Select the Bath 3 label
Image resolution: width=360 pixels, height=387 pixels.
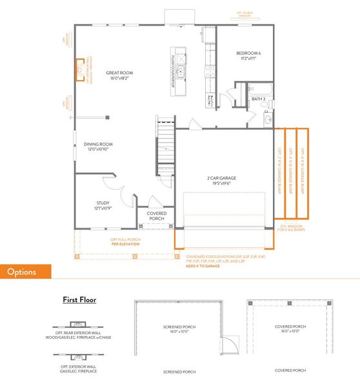[x=259, y=99]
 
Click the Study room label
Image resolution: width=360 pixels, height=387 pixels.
[x=103, y=205]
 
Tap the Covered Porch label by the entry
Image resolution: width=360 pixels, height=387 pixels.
[x=157, y=216]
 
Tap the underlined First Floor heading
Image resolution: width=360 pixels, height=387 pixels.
[x=79, y=299]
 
